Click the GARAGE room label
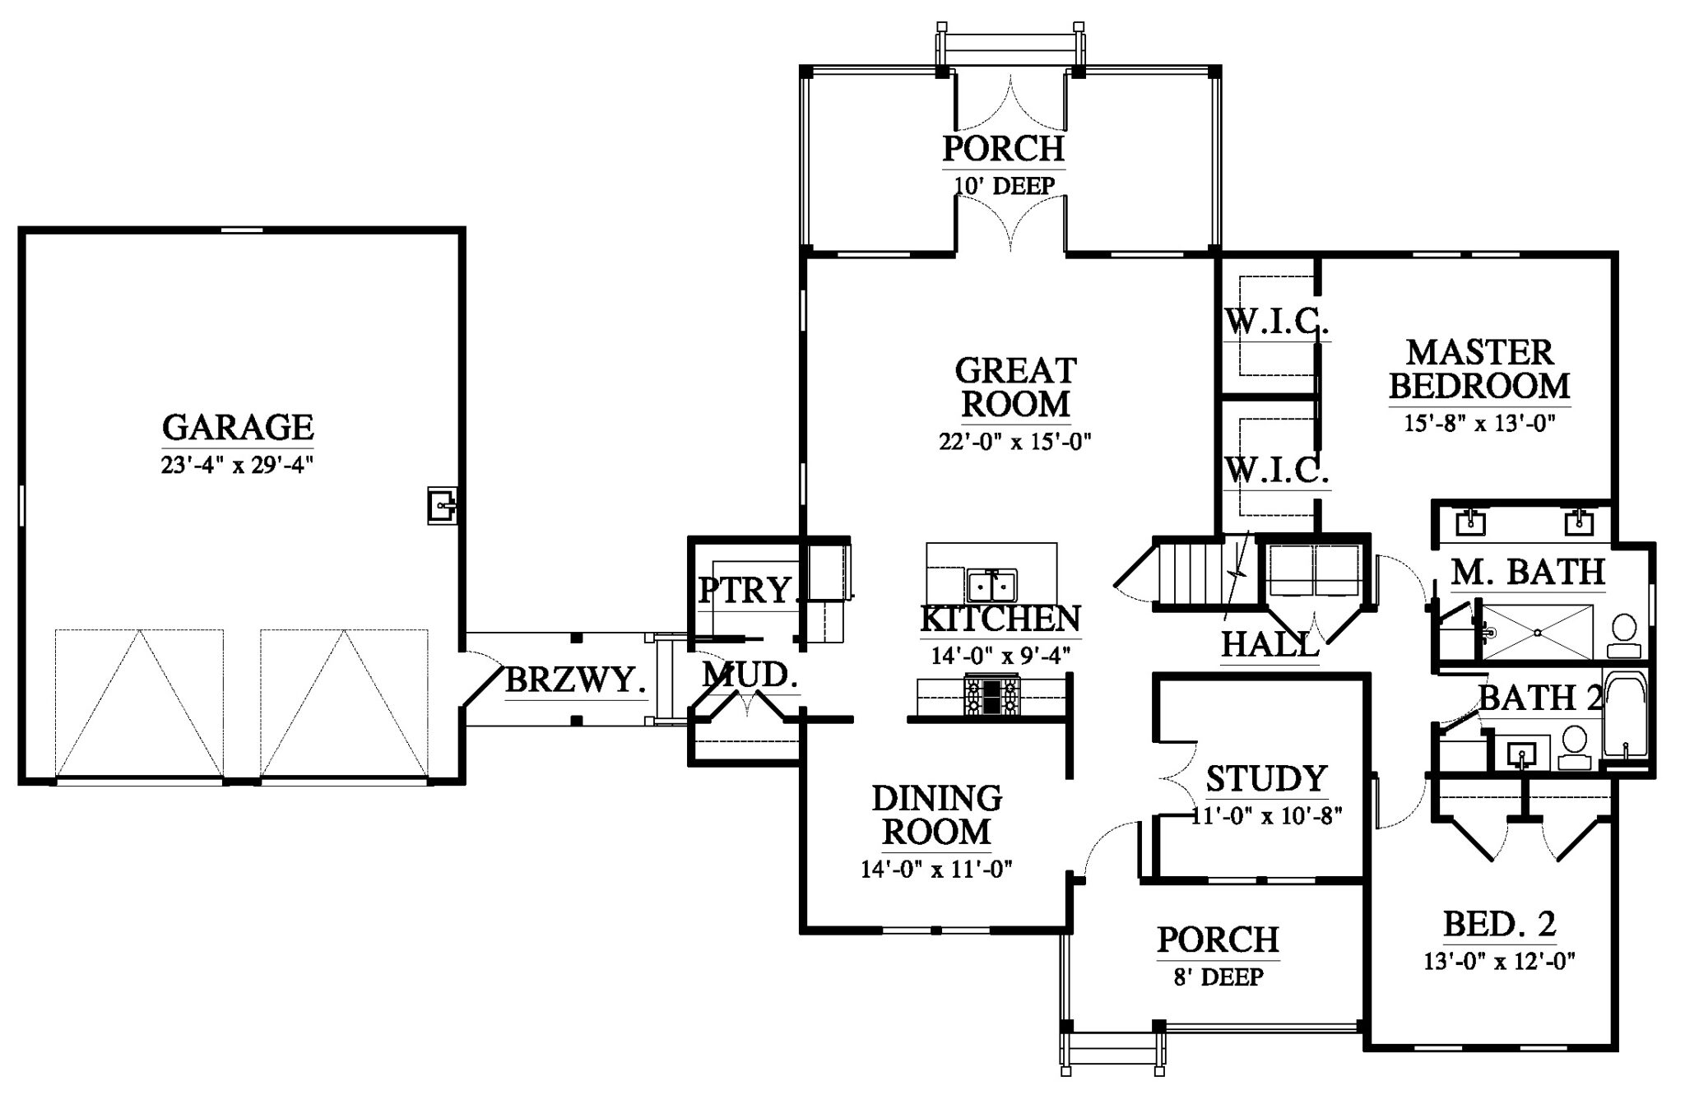238,427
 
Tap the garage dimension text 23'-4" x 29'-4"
238,465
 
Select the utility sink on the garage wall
442,505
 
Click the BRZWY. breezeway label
574,680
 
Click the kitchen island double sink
992,586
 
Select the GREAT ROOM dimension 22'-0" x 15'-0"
1015,442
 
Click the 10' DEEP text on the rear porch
1004,186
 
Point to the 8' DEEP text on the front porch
1218,977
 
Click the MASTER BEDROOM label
1479,369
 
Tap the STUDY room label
1266,777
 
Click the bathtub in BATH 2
1624,722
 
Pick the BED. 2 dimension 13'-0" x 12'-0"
1499,961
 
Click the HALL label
1270,644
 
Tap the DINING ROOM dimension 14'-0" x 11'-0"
936,869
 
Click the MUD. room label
750,675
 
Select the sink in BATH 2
1523,752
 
